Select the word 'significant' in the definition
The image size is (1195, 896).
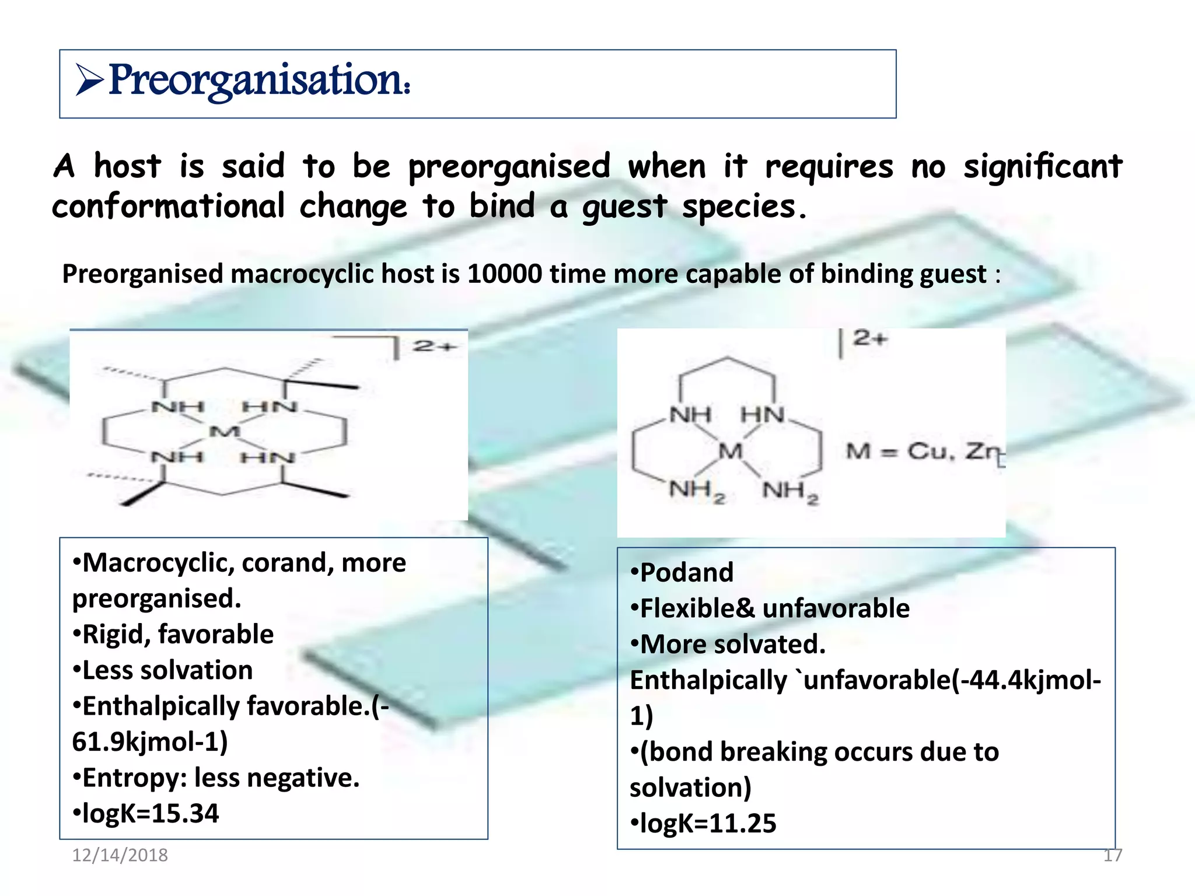pos(1042,166)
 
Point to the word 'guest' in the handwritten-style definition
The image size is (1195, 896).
pos(624,206)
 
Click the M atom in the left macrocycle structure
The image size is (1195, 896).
pos(225,432)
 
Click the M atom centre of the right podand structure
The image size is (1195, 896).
pos(730,451)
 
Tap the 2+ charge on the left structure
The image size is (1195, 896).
pos(434,346)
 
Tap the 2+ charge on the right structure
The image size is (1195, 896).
pos(869,338)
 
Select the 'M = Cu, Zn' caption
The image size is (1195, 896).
pos(924,451)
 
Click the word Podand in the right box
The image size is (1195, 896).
pos(687,572)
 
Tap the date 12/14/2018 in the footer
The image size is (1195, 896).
pos(120,855)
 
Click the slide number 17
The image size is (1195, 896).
pos(1112,855)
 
